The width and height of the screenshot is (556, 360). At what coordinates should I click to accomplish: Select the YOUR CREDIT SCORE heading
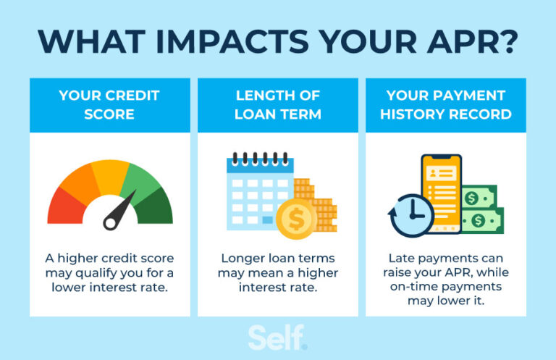pyautogui.click(x=109, y=105)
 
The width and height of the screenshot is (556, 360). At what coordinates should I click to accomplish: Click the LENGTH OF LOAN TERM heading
pyautogui.click(x=277, y=105)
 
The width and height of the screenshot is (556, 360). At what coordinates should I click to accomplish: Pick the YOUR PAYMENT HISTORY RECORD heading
pyautogui.click(x=445, y=105)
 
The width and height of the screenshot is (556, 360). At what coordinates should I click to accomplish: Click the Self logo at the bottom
pyautogui.click(x=277, y=337)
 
